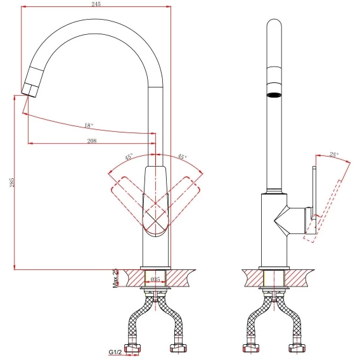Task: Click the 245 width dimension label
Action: coord(96,4)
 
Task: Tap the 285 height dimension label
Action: coord(12,182)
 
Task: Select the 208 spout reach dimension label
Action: coord(92,141)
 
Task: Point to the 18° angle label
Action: coord(89,125)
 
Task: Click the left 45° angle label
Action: coord(129,157)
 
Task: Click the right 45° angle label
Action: coord(183,157)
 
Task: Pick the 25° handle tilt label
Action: coord(334,155)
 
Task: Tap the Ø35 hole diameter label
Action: coord(155,279)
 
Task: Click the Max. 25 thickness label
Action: coord(115,278)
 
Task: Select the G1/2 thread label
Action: coord(115,352)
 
